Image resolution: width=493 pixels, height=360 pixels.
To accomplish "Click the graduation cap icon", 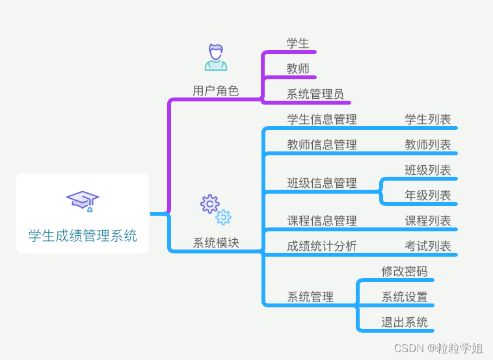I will [83, 201].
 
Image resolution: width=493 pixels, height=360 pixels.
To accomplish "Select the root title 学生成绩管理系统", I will [83, 236].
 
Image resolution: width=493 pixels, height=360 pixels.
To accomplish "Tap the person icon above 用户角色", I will [216, 57].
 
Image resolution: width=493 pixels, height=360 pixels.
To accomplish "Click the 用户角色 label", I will [216, 91].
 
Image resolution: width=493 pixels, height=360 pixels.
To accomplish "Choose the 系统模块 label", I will [216, 243].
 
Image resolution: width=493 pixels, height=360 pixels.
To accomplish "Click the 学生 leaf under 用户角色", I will [298, 44].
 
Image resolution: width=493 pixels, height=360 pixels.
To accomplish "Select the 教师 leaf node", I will [298, 69].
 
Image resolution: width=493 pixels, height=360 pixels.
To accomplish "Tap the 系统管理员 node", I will [315, 94].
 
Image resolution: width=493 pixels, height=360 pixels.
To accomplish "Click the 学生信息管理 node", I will [322, 120].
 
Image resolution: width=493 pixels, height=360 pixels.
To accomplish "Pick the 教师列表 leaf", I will [428, 145].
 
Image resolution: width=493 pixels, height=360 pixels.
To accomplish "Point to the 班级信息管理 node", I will [322, 183].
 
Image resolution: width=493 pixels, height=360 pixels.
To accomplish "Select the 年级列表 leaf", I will [428, 196].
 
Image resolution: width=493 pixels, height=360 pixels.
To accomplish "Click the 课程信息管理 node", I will [322, 221].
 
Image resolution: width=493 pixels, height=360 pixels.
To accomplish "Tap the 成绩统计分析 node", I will [322, 246].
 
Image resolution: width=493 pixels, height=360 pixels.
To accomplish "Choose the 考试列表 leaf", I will [428, 246].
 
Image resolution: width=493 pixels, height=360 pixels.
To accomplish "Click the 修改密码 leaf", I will [405, 272].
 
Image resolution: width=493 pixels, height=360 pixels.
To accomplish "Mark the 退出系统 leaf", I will [405, 322].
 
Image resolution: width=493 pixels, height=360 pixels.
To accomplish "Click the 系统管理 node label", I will [310, 297].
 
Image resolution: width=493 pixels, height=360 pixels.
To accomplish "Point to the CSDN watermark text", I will [438, 348].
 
